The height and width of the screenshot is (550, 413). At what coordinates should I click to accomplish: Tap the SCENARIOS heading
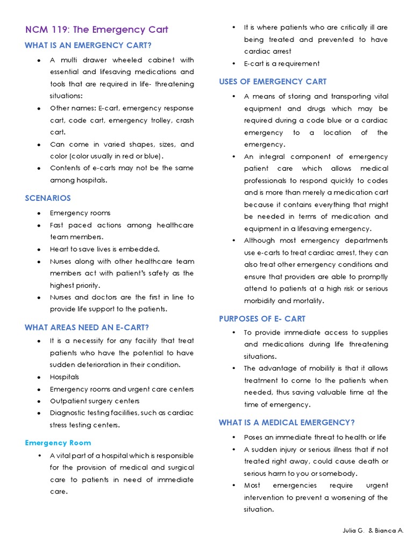pos(48,198)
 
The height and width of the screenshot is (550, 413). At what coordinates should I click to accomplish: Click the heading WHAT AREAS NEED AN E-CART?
pos(87,327)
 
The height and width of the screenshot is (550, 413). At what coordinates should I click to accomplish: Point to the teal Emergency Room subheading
pos(58,443)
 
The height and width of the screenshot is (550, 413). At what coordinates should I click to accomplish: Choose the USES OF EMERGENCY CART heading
pos(273,82)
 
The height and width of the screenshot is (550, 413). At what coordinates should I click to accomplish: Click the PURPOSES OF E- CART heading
pos(262,319)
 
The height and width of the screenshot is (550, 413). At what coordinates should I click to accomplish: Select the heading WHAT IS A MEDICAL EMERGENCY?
pos(287,423)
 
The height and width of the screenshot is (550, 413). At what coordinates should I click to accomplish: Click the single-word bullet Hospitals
pos(64,377)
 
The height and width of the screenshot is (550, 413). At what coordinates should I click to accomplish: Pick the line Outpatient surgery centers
pos(95,401)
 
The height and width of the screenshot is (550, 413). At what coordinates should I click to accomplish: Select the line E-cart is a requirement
pos(282,63)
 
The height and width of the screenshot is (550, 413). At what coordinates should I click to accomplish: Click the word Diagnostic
pos(69,412)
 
